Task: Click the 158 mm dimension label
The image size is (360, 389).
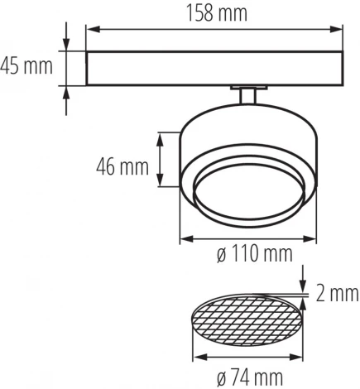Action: tap(213, 12)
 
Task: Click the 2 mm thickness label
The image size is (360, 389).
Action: tap(337, 292)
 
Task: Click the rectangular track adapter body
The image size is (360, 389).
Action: tap(213, 68)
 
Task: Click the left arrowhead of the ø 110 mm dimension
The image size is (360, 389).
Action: tap(184, 239)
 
